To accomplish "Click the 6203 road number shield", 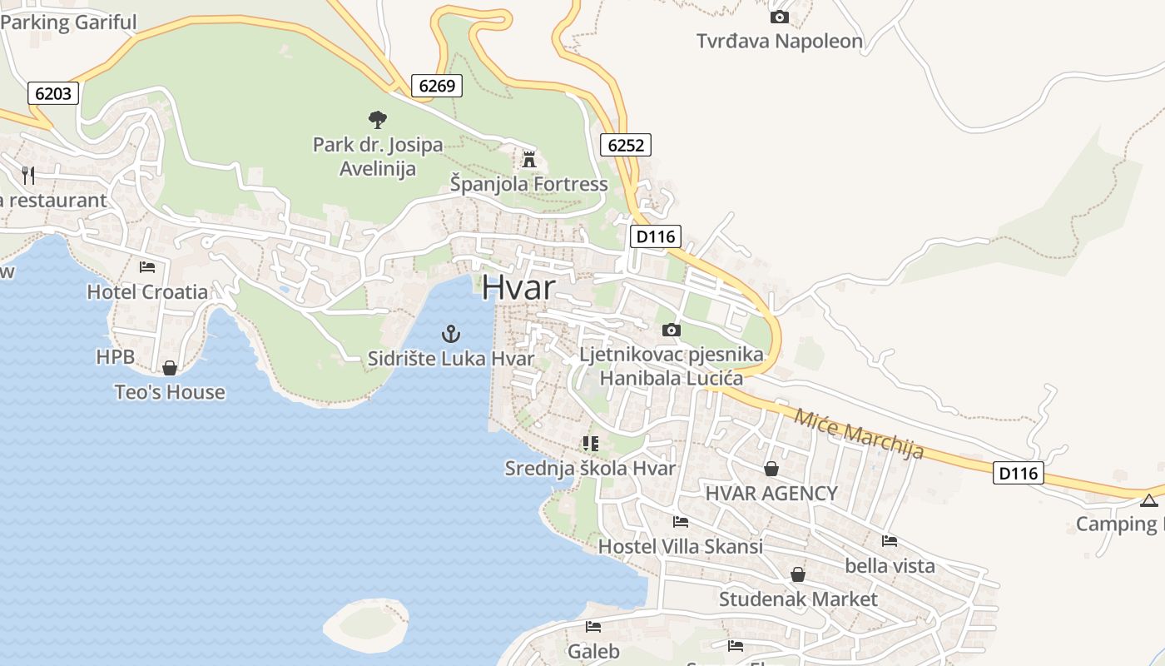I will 53,93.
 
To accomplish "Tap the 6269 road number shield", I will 436,85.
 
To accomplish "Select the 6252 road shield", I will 625,145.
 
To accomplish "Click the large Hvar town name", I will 518,288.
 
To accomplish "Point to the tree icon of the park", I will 377,120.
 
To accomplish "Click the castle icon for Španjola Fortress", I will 528,159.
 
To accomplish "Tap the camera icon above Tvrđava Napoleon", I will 779,17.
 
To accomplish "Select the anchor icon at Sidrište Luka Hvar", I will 450,335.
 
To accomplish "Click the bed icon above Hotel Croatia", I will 147,267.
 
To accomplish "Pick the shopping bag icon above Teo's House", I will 170,368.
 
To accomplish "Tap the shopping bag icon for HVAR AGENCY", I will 771,469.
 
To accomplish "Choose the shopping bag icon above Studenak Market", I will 797,574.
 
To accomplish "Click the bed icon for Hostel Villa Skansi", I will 680,522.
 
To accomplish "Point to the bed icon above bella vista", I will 889,541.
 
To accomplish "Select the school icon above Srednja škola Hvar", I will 591,444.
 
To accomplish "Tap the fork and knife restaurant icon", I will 28,175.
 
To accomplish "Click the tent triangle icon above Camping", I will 1149,500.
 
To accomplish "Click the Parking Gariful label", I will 68,22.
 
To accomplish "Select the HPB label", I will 115,357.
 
